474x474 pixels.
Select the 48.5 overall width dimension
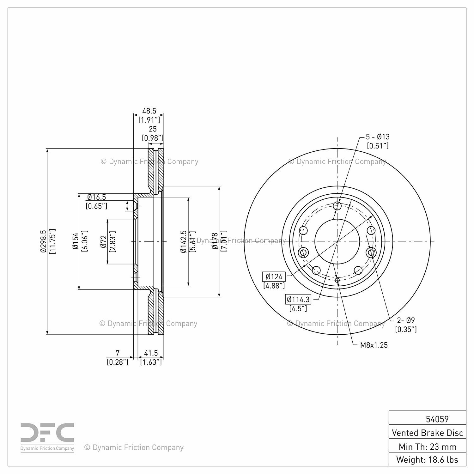tap(149, 111)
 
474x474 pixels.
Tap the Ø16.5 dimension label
tap(96, 197)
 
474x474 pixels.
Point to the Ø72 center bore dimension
tap(103, 242)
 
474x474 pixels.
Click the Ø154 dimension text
tap(76, 241)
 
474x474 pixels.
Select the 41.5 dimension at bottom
tap(151, 353)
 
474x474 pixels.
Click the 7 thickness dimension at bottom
tap(118, 353)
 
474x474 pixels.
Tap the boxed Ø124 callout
tap(274, 277)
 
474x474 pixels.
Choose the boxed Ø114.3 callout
tap(298, 299)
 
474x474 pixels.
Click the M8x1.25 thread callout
tap(374, 345)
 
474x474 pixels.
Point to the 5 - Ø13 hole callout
tap(378, 137)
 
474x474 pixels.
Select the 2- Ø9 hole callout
tap(406, 320)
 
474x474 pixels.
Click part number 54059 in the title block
tap(437, 419)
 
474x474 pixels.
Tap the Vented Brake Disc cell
tap(428, 433)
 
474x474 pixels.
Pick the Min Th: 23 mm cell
tap(428, 447)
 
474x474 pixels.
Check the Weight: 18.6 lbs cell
tap(428, 459)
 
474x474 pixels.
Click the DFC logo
tap(47, 437)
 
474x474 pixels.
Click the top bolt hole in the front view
tap(337, 206)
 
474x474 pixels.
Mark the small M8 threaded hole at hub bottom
tap(337, 280)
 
